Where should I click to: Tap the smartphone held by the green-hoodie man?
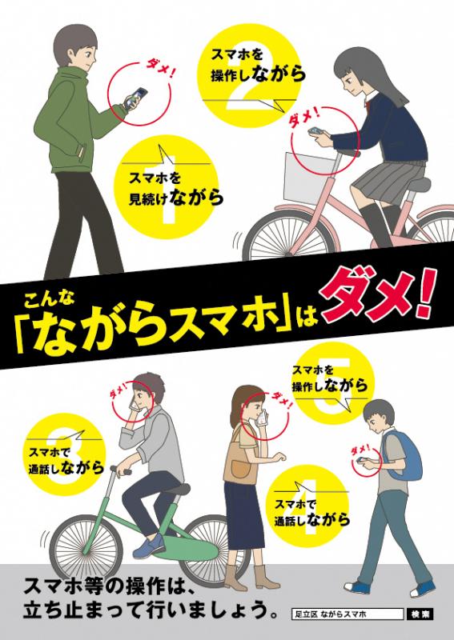coord(135,98)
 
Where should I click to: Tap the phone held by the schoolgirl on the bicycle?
coord(315,130)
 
